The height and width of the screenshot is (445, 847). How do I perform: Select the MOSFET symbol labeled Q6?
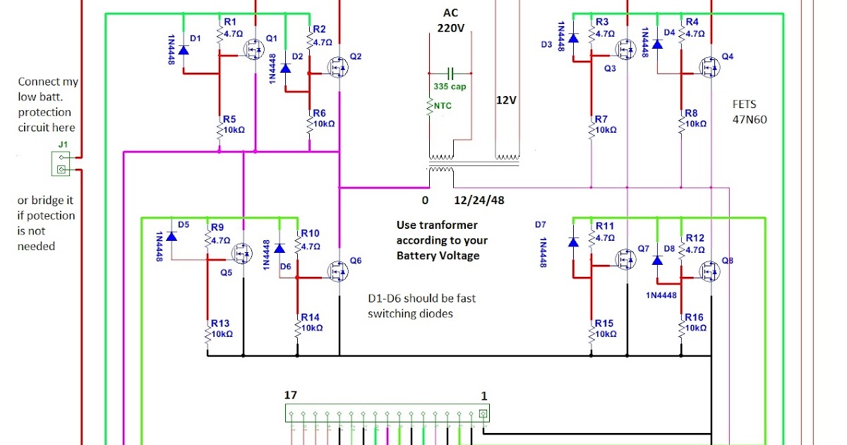pyautogui.click(x=337, y=271)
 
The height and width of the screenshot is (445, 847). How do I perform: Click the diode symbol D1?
pyautogui.click(x=184, y=50)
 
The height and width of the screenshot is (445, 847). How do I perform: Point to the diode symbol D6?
pyautogui.click(x=280, y=249)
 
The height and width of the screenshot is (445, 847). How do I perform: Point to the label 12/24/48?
pyautogui.click(x=479, y=200)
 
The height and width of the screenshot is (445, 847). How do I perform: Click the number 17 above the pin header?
pyautogui.click(x=291, y=395)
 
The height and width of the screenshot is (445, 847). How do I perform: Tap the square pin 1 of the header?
pyautogui.click(x=483, y=414)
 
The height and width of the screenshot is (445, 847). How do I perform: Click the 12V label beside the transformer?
pyautogui.click(x=506, y=100)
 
